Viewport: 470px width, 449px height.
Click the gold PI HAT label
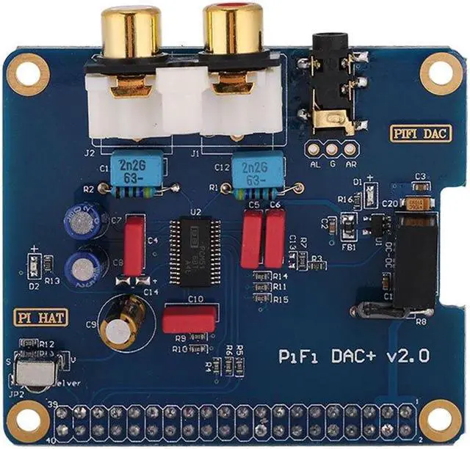(35, 319)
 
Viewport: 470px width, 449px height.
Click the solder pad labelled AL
(315, 149)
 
